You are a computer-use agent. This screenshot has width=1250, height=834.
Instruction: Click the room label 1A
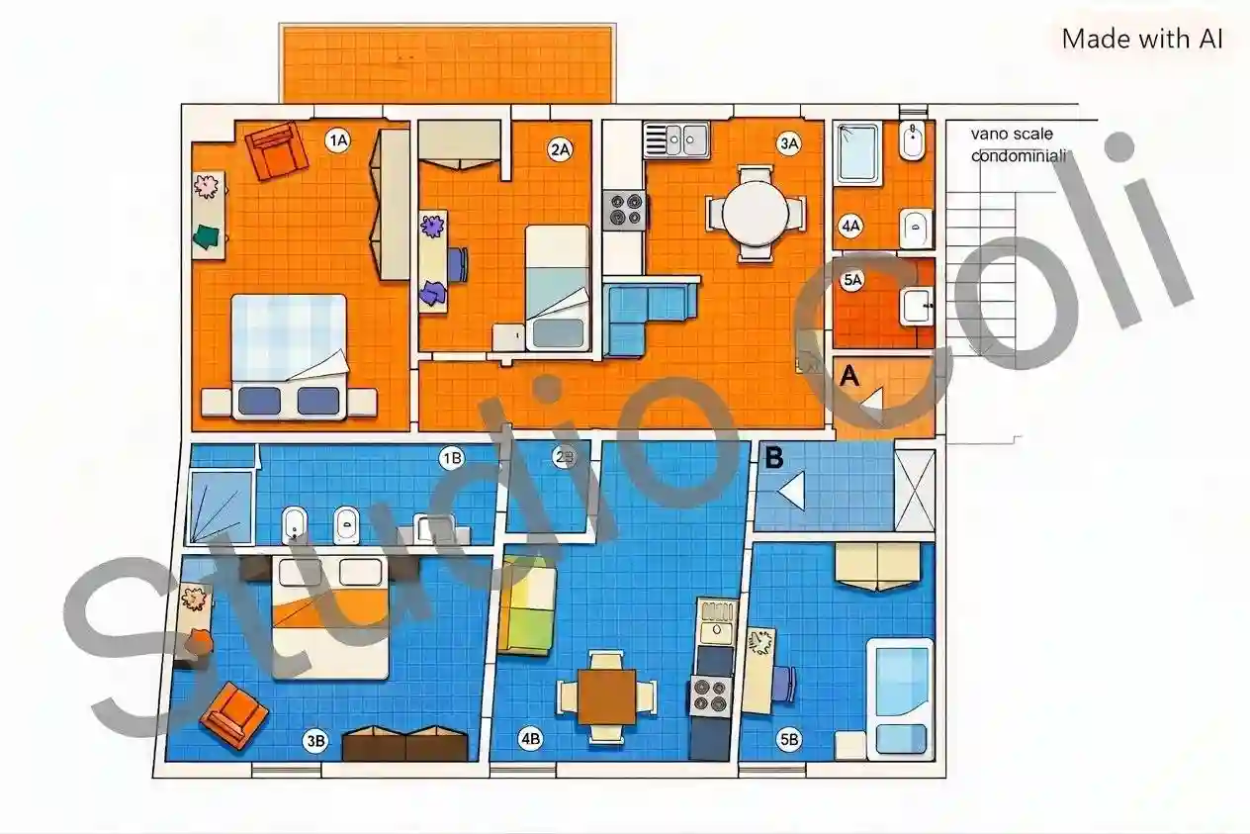(x=337, y=140)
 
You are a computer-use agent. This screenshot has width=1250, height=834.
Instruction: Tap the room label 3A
(x=788, y=143)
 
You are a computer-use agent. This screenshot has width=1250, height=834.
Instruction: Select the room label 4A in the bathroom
(x=850, y=227)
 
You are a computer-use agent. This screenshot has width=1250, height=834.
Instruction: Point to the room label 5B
(x=788, y=739)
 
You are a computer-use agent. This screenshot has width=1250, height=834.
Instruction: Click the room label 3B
(x=315, y=741)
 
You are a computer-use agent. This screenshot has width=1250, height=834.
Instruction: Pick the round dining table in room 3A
(x=755, y=213)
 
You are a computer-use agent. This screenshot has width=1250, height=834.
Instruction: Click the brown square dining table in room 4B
(x=606, y=696)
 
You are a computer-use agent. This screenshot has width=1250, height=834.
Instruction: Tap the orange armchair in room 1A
(x=276, y=150)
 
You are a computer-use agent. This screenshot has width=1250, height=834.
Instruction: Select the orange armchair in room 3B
(x=233, y=714)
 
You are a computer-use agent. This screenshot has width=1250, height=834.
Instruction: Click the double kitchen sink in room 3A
(x=675, y=139)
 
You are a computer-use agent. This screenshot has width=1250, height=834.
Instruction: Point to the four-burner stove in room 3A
(x=624, y=210)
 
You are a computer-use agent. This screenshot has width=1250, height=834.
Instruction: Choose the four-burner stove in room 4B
(x=710, y=696)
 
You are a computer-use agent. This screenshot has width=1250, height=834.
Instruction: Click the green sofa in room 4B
(x=527, y=604)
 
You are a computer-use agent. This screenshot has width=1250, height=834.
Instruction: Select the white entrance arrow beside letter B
(x=791, y=491)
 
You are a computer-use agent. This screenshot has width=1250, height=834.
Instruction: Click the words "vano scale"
(x=1012, y=134)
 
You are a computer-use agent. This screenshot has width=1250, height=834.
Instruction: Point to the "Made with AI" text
(x=1142, y=39)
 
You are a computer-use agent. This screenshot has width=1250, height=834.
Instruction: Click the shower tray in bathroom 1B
(x=222, y=507)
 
